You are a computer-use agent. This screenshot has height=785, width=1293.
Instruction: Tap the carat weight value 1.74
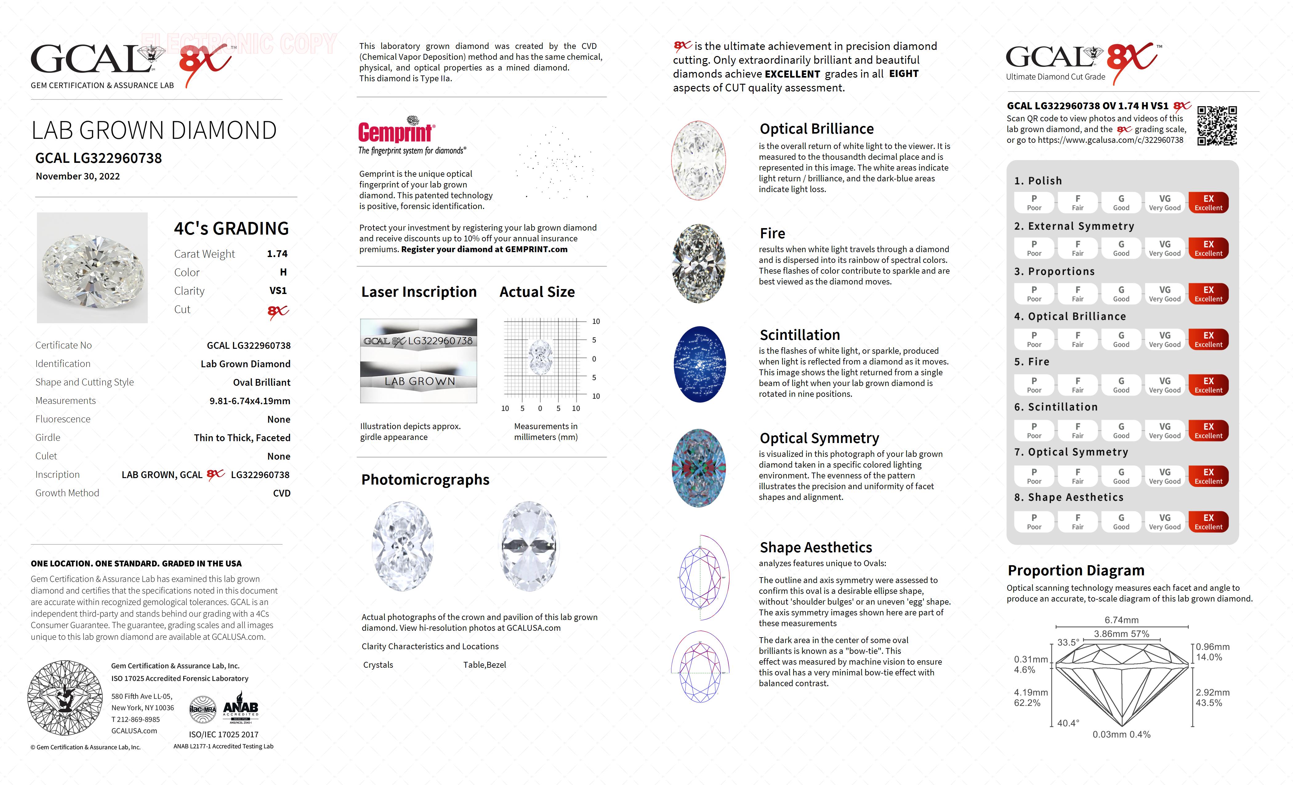(x=277, y=254)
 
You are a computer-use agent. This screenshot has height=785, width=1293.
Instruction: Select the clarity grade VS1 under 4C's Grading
(x=278, y=291)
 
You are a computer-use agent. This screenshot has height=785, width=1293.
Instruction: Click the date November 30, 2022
(x=78, y=176)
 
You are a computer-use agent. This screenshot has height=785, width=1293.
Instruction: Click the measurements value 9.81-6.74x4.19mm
(x=250, y=401)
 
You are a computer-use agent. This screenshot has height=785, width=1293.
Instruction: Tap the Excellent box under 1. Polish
(x=1208, y=203)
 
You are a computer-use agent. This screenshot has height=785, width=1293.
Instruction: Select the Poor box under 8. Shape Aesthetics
(x=1034, y=521)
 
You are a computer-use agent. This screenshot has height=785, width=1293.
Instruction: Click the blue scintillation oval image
(x=699, y=364)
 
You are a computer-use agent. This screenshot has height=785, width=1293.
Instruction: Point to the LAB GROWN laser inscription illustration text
(x=419, y=381)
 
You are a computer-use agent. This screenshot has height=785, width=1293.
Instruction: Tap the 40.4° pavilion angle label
(x=1068, y=723)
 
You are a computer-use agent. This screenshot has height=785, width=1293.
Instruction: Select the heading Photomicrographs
(x=425, y=480)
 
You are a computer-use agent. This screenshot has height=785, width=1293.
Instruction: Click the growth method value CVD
(x=281, y=493)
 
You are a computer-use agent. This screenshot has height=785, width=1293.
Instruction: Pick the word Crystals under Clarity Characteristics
(x=378, y=665)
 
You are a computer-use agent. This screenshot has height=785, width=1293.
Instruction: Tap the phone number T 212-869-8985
(x=135, y=719)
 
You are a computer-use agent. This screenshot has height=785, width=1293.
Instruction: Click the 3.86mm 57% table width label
(x=1122, y=634)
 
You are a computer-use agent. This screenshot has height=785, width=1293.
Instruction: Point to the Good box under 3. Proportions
(x=1121, y=294)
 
